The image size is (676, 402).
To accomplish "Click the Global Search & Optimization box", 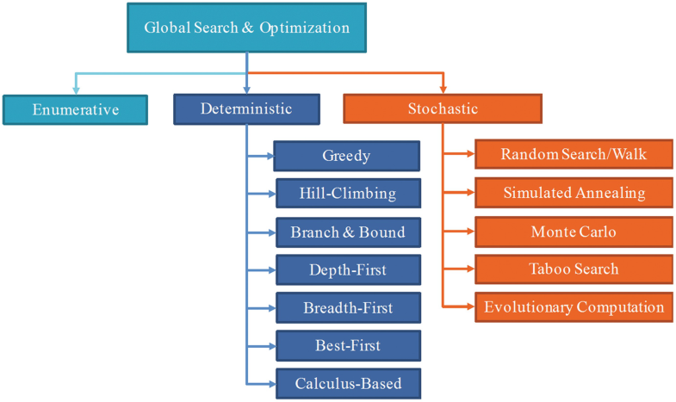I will (246, 27).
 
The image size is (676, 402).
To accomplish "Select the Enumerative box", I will (75, 109).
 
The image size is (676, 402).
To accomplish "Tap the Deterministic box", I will (246, 109).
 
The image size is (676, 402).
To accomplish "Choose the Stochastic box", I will (443, 109).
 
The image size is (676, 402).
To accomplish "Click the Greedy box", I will (347, 156).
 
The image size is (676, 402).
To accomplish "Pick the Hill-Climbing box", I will (347, 194).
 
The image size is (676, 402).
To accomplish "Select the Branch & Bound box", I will (347, 232).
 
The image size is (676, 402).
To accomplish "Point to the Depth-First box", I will (347, 270).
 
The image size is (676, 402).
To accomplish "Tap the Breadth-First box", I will (347, 308).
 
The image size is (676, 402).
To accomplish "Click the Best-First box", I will (347, 346).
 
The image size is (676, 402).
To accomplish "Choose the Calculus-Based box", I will (347, 384).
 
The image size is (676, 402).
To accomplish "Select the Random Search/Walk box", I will (574, 155).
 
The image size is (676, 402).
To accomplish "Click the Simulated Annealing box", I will (574, 193).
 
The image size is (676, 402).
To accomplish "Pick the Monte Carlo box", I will (574, 232).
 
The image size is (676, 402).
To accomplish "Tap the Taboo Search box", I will (574, 269).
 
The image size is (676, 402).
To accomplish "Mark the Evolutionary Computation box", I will (574, 307).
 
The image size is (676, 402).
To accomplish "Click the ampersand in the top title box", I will (245, 27).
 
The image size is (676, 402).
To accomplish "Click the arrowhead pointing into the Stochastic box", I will (443, 90).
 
